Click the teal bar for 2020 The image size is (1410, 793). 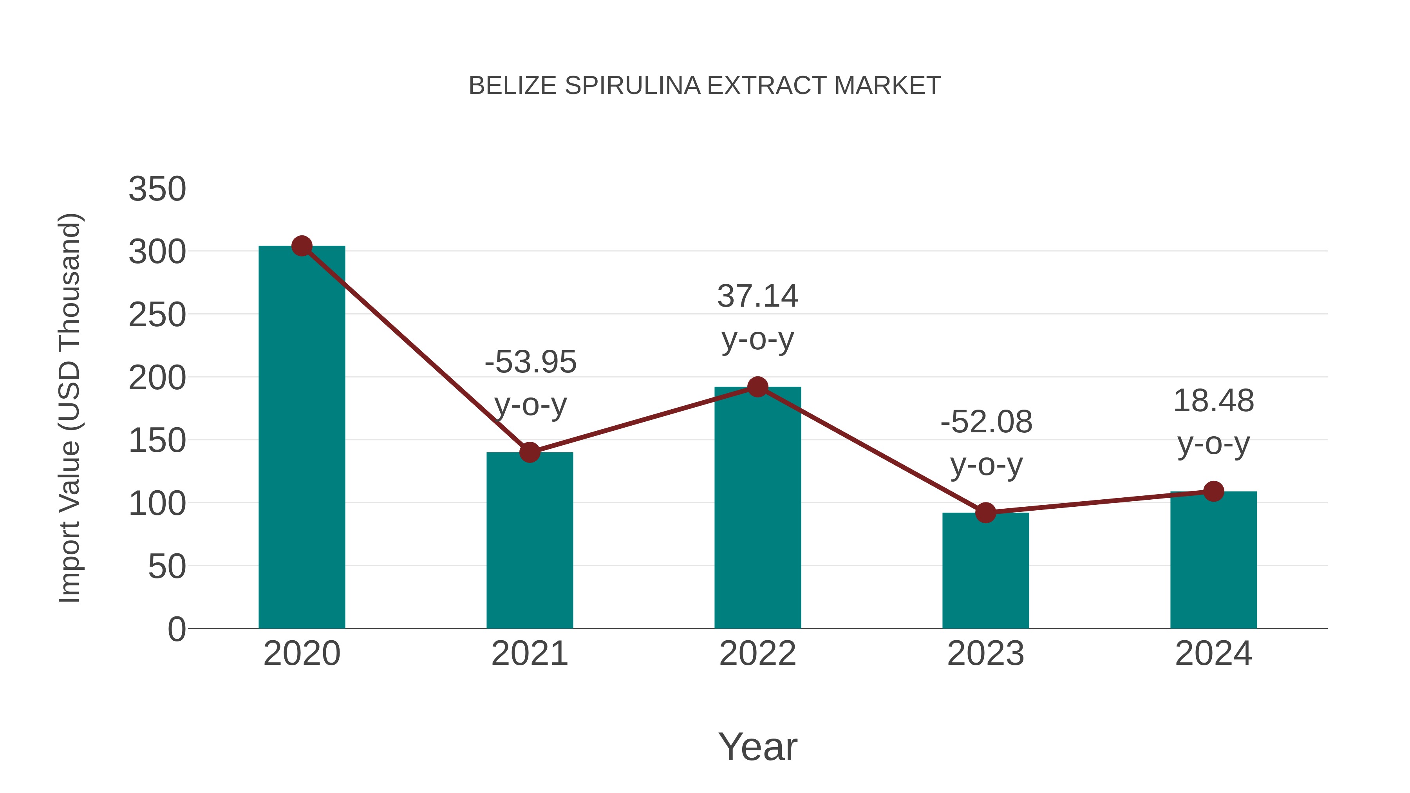[302, 438]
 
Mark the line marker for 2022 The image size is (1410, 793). [757, 387]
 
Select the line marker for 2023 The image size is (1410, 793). [985, 513]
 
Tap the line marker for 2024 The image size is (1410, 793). [1213, 491]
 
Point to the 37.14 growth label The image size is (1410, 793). [757, 296]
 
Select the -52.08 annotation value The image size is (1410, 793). [986, 423]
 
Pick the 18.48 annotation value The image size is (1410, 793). [1213, 401]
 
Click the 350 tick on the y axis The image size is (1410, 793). [157, 190]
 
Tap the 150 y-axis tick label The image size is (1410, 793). [157, 441]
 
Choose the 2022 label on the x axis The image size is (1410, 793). [757, 654]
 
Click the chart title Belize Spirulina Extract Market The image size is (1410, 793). [705, 86]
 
